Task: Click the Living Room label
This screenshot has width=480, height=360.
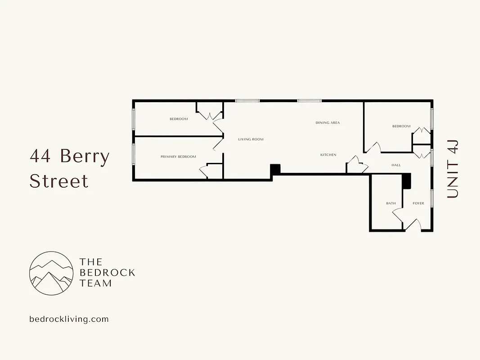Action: click(x=251, y=139)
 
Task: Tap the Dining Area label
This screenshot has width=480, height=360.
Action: click(x=327, y=123)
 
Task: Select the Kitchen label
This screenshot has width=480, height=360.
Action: click(x=328, y=155)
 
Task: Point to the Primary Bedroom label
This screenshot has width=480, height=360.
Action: click(x=178, y=157)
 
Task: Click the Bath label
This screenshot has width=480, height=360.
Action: click(x=391, y=203)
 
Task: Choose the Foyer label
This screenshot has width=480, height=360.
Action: click(x=418, y=203)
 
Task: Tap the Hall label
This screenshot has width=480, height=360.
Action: click(x=396, y=165)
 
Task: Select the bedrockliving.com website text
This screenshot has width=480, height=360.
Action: click(x=69, y=319)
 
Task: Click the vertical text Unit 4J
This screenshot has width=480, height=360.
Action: click(x=453, y=169)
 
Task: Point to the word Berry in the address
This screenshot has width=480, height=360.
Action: click(x=85, y=157)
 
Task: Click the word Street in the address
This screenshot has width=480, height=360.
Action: click(x=59, y=181)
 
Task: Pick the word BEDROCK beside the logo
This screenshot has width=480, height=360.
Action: click(x=107, y=272)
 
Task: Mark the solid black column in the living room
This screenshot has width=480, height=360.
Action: click(x=275, y=170)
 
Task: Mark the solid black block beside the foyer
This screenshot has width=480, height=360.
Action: click(x=407, y=181)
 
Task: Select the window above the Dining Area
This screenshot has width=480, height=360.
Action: click(x=309, y=101)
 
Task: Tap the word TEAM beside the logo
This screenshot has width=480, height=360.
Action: click(x=95, y=283)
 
